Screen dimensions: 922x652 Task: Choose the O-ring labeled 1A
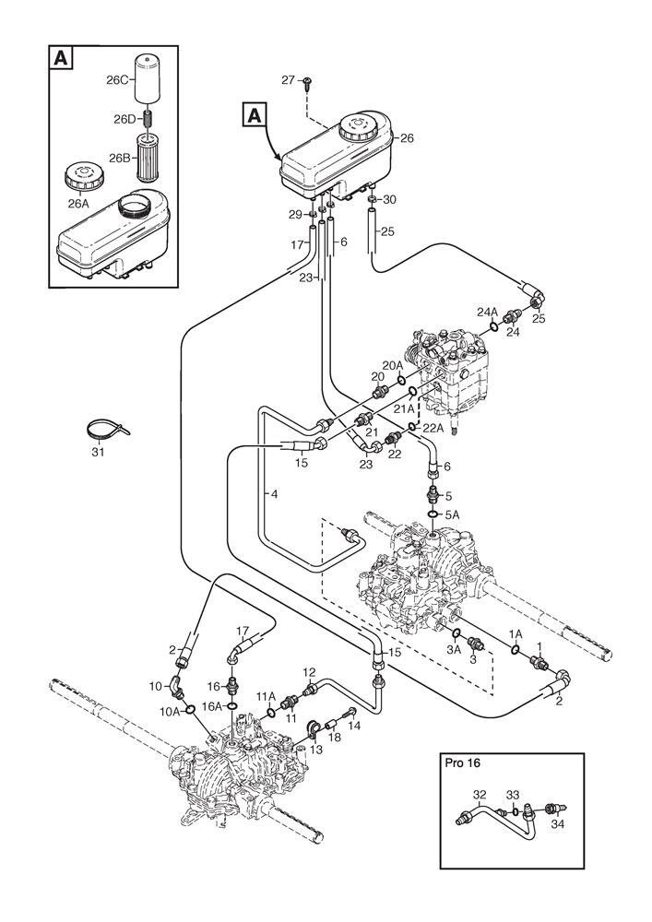coord(513,654)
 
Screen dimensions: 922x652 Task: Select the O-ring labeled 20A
coord(401,379)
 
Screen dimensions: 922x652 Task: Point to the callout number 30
coord(390,199)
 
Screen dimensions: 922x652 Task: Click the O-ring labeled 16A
coord(232,708)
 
